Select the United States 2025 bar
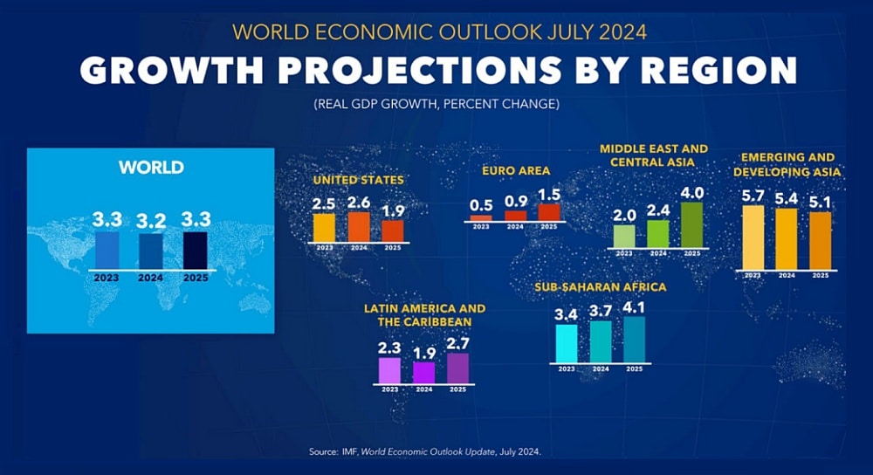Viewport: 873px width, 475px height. (x=393, y=231)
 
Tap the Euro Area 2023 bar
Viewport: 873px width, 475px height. (x=481, y=218)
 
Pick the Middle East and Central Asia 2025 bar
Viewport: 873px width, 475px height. (x=691, y=224)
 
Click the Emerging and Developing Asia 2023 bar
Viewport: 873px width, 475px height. (x=753, y=237)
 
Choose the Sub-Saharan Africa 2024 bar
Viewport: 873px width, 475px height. (x=601, y=341)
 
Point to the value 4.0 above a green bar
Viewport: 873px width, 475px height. (x=691, y=191)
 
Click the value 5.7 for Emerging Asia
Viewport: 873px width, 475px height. (x=753, y=196)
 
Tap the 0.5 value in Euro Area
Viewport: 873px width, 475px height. (x=481, y=205)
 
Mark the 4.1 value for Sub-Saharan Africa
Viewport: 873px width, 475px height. (x=635, y=306)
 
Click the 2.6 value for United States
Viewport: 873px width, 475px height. (x=359, y=203)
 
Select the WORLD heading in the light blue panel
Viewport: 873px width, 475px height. (x=151, y=167)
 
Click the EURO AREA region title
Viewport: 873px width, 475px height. (x=515, y=170)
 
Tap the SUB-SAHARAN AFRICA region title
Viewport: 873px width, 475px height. (x=601, y=286)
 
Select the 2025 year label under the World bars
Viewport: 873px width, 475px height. (x=196, y=279)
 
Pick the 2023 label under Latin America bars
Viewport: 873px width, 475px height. (x=389, y=389)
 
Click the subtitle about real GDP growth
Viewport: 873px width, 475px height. (x=436, y=105)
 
